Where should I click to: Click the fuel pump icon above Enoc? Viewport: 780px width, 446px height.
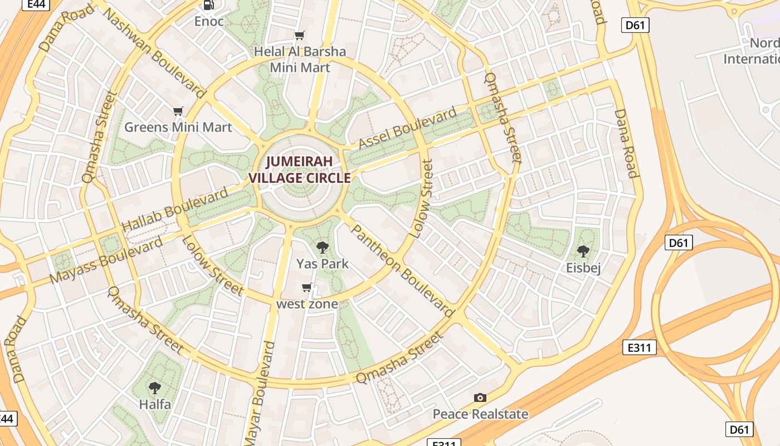tap(208, 5)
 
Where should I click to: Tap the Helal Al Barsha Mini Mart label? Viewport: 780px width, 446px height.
tap(300, 59)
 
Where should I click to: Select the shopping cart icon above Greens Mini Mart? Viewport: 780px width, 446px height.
tap(178, 111)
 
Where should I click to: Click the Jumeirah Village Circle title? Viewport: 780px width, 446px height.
tap(299, 169)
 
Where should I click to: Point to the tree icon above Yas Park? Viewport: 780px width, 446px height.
tap(322, 247)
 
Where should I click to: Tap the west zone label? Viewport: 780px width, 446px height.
tap(307, 304)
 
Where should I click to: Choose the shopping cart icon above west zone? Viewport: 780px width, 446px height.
tap(306, 288)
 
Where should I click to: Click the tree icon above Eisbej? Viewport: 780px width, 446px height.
tap(583, 251)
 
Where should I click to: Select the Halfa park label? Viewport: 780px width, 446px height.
tap(155, 404)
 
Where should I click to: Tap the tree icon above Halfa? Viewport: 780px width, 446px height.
tap(155, 387)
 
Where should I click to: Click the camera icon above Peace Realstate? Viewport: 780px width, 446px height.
tap(480, 397)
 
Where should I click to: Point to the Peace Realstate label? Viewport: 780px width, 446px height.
tap(480, 414)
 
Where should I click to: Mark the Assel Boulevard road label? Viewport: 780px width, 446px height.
tap(407, 129)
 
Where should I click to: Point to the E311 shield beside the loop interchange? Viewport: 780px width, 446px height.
tap(639, 348)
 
